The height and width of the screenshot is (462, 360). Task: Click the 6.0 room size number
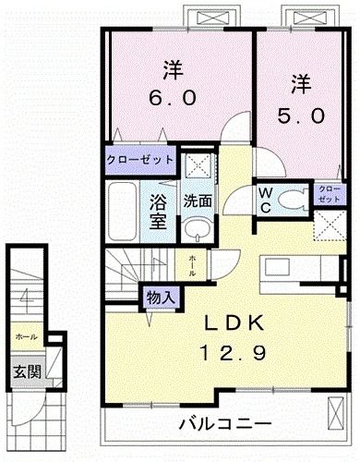[174, 96]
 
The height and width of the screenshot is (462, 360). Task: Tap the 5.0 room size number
[301, 117]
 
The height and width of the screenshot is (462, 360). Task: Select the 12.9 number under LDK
[236, 351]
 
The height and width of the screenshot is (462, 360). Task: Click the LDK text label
[235, 323]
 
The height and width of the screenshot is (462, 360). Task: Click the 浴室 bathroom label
[158, 211]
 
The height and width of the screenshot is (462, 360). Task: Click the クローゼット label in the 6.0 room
[139, 158]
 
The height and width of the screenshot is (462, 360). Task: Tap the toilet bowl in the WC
[294, 197]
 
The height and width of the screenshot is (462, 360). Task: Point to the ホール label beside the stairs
[192, 266]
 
